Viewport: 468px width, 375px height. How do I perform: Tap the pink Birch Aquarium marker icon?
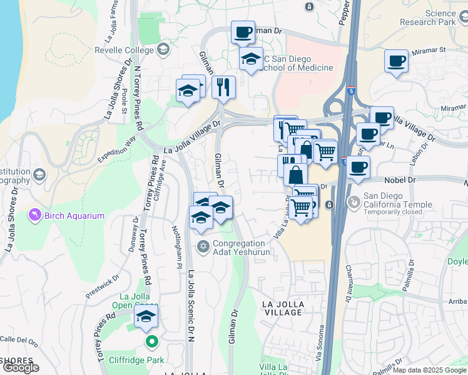[x=35, y=216]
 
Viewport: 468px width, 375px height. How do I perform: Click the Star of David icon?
[x=202, y=244]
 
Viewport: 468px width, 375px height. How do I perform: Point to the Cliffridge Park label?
[x=135, y=360]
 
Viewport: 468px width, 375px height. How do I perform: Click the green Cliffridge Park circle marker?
[x=151, y=342]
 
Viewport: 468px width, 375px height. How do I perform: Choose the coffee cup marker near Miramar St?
[x=396, y=61]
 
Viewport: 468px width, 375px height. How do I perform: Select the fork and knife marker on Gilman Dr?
[x=223, y=87]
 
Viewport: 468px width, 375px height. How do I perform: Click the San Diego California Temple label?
[x=398, y=204]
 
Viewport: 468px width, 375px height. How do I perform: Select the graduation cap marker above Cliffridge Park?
[x=146, y=317]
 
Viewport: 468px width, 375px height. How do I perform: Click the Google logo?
[x=21, y=367]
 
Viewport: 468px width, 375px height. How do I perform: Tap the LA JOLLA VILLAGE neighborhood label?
[x=283, y=309]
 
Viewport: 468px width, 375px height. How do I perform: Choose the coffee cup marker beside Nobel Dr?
[x=359, y=167]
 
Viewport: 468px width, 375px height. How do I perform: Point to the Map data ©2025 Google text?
[x=429, y=370]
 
